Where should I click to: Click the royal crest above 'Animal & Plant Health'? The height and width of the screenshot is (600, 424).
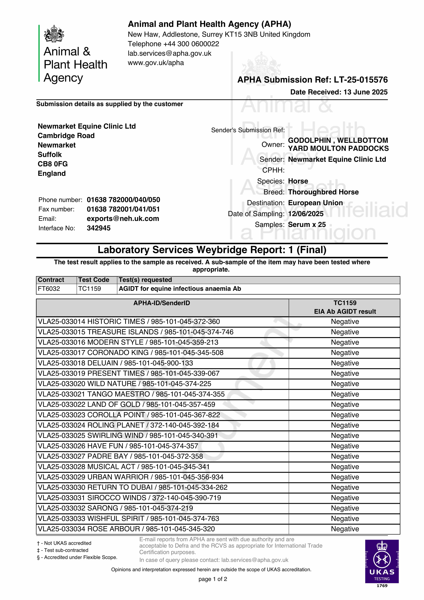coord(54,34)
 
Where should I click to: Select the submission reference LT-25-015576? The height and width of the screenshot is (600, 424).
coord(361,80)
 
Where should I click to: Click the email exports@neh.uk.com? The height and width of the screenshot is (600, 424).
coord(123,219)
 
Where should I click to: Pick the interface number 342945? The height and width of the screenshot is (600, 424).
coord(99,228)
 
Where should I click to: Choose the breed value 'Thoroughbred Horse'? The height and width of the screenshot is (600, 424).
coord(323,192)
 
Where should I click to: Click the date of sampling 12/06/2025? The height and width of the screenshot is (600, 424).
coord(306,214)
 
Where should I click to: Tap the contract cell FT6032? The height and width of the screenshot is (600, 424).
coord(49,289)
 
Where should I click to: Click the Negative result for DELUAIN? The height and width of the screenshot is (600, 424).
coord(345,363)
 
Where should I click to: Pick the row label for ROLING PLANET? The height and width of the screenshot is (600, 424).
coord(128,425)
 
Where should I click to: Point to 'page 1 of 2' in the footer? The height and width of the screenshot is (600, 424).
coord(213,579)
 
